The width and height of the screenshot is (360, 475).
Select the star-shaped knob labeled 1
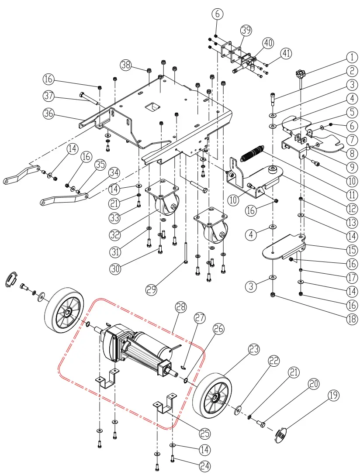tap(301, 73)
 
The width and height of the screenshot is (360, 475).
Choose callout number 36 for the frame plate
tap(48, 113)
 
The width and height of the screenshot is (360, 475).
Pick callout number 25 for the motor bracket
tap(204, 434)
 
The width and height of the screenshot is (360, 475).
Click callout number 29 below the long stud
tap(152, 290)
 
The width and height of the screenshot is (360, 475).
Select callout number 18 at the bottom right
tap(351, 318)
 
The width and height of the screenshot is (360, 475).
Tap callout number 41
tap(286, 54)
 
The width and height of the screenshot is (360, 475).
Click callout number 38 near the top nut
tap(126, 65)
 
